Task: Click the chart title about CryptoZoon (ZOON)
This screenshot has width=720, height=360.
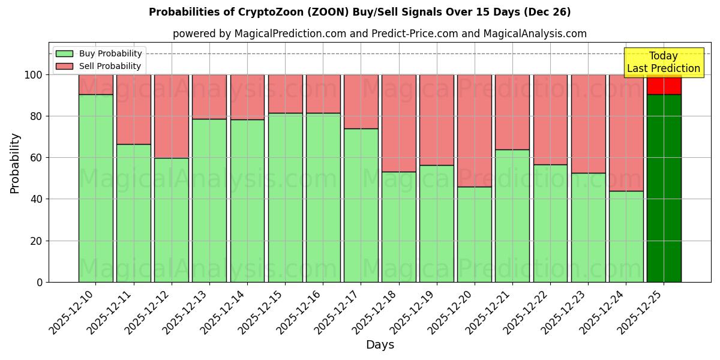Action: [359, 12]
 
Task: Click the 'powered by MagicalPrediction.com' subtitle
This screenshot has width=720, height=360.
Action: [379, 34]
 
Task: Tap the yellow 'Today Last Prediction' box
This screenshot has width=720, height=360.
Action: [663, 62]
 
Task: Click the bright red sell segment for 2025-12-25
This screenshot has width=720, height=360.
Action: [664, 85]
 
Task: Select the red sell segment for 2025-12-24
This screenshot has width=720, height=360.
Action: [626, 133]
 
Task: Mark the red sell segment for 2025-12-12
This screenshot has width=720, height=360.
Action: [172, 116]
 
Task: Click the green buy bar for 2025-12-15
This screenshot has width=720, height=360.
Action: [285, 197]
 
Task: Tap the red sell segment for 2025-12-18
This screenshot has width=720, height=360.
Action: [398, 123]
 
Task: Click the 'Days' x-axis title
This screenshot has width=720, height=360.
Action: [380, 345]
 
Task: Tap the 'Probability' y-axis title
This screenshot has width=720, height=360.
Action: [15, 163]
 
